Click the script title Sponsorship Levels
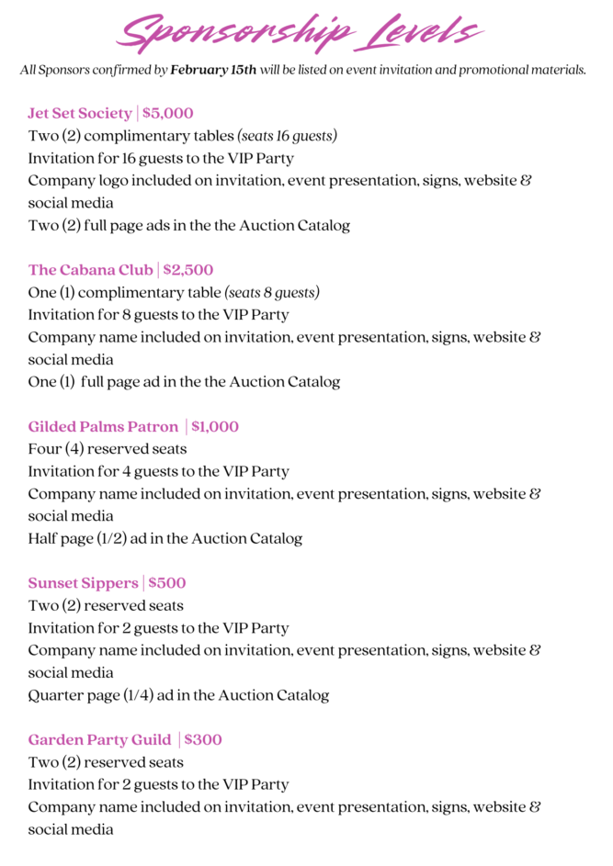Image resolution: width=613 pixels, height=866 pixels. [301, 33]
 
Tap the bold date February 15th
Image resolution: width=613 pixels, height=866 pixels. [213, 71]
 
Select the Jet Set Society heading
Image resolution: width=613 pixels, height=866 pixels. [80, 114]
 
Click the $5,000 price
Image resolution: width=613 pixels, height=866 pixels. [168, 114]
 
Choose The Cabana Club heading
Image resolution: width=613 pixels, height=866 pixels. [90, 270]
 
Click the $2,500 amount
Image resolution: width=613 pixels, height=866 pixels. [188, 270]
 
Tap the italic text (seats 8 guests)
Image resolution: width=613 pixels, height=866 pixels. [272, 293]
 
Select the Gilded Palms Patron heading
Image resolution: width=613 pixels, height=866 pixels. [103, 427]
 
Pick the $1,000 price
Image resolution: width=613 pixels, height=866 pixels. [215, 427]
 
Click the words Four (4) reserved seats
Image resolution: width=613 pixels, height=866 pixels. [108, 449]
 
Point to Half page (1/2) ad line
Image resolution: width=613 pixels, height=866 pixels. [165, 539]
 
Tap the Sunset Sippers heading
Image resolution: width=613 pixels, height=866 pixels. [83, 583]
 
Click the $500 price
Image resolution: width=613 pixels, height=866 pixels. [167, 583]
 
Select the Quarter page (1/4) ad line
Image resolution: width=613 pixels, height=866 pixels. [178, 695]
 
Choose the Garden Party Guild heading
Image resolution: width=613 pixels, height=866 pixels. [99, 740]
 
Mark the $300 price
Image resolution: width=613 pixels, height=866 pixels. [203, 740]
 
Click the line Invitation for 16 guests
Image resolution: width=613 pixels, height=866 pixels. [161, 158]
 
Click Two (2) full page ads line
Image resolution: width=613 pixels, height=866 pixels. [188, 225]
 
